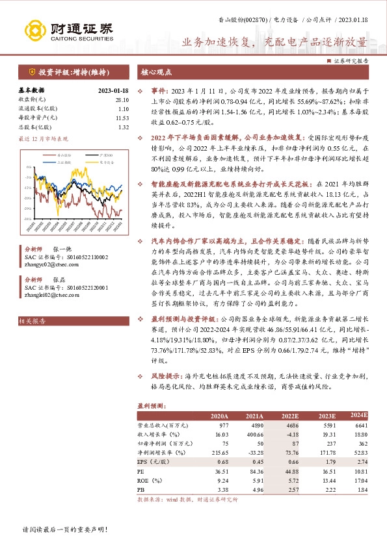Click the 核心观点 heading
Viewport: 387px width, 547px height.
(x=155, y=71)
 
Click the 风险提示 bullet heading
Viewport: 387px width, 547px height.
(x=167, y=376)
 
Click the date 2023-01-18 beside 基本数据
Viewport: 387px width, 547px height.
(x=113, y=90)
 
